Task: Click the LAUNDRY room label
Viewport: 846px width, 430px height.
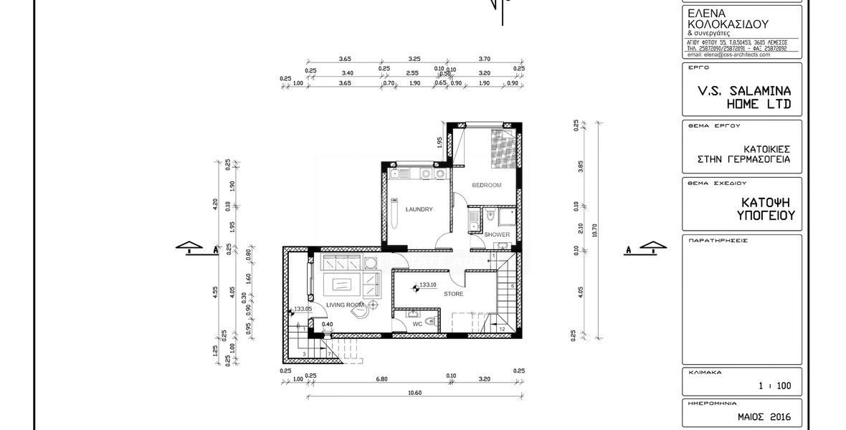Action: (419, 209)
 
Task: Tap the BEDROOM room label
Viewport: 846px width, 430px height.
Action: (486, 185)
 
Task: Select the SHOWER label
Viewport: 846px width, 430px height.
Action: (497, 234)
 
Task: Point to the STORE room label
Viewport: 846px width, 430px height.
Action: (453, 294)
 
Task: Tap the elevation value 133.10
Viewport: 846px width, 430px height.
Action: (429, 285)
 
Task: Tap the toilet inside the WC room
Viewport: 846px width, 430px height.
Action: (429, 322)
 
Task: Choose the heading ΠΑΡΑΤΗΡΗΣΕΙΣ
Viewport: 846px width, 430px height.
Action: (718, 241)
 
